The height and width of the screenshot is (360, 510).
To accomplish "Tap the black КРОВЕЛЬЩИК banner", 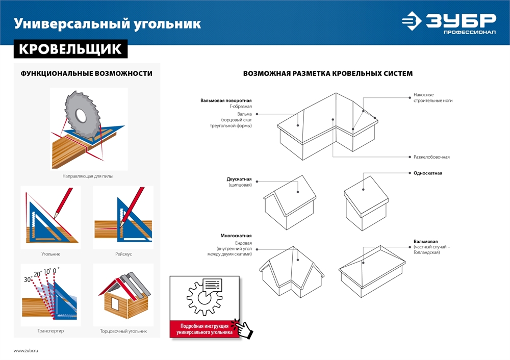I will tap(70, 49).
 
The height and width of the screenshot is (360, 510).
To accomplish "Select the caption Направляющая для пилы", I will tap(88, 176).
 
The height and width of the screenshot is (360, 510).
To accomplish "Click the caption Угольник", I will tap(51, 254).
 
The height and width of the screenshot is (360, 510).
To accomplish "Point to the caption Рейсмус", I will tap(123, 254).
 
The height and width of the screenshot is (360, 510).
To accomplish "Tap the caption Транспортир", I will tap(50, 331).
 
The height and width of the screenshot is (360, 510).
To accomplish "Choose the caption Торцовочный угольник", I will tap(123, 331).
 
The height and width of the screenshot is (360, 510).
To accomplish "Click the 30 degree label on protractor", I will tap(28, 279).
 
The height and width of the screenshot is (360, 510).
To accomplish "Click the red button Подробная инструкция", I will tap(203, 329).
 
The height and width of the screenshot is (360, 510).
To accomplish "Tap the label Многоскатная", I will tap(236, 236).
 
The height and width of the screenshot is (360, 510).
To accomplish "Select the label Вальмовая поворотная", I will tap(226, 100).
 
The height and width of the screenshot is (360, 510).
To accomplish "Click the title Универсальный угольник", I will tap(107, 23).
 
